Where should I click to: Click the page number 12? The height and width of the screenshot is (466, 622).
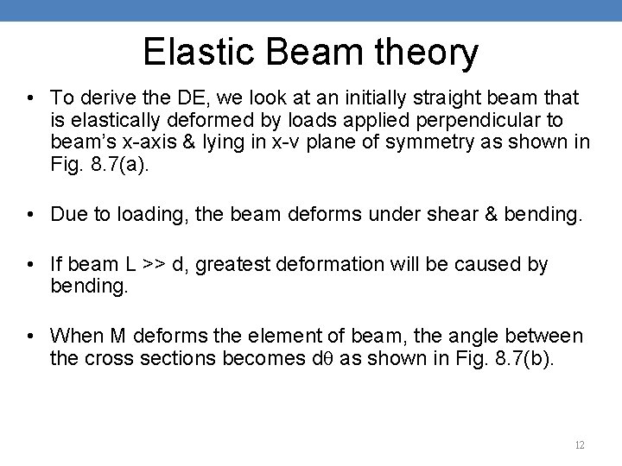[x=579, y=445]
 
